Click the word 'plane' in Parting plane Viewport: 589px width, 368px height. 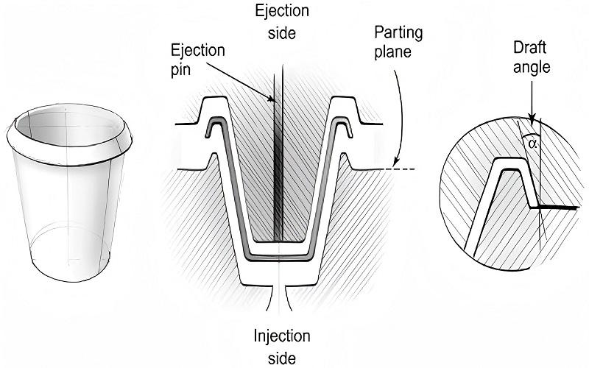pos(392,54)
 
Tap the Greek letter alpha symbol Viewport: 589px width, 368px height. pos(533,144)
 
